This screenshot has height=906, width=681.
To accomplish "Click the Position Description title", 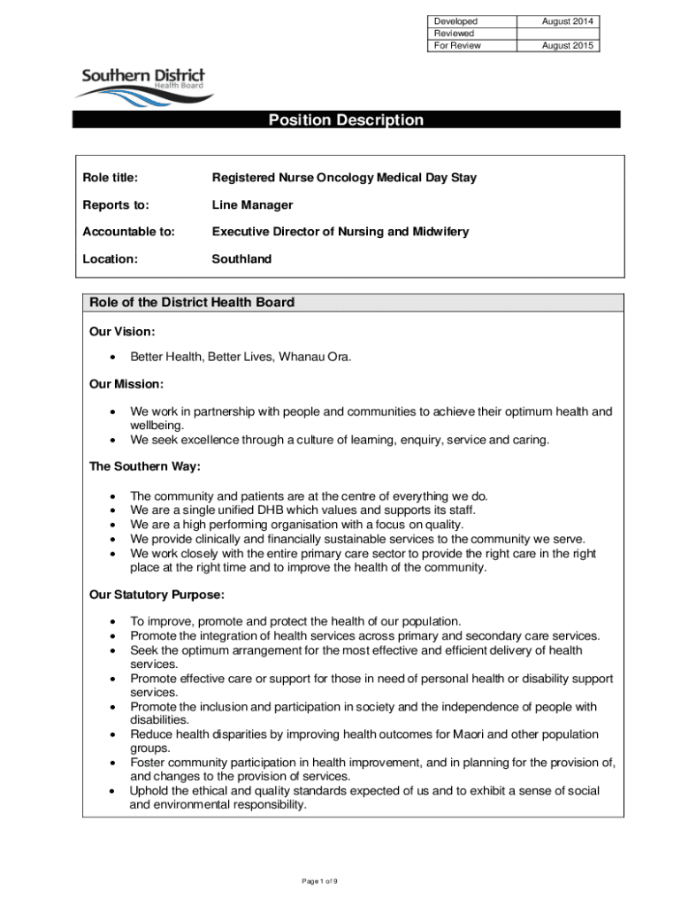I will [x=346, y=120].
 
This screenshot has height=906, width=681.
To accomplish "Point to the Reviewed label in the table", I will [x=453, y=34].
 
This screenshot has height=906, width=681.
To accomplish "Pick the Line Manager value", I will [x=252, y=205].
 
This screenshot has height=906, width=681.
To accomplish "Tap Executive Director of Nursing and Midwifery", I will [x=340, y=232].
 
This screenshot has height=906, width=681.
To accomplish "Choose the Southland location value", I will [x=241, y=259].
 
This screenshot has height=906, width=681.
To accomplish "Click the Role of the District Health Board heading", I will [x=192, y=303].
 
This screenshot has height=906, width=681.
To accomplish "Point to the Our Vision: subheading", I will [x=123, y=331].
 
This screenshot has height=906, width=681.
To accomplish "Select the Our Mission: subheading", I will [x=126, y=385].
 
